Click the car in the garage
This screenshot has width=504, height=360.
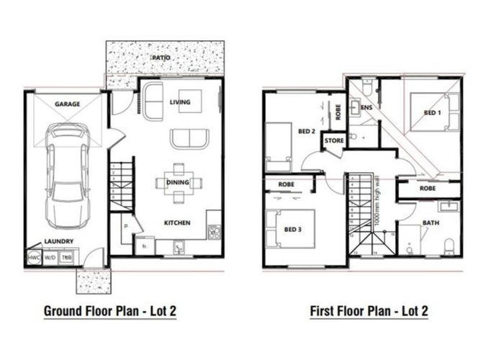pyautogui.click(x=68, y=173)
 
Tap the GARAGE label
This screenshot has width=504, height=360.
pyautogui.click(x=67, y=104)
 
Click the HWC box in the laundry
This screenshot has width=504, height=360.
pyautogui.click(x=33, y=257)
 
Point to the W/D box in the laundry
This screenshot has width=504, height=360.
pyautogui.click(x=50, y=257)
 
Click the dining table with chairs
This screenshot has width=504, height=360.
pyautogui.click(x=178, y=182)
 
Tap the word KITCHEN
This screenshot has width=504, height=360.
pyautogui.click(x=176, y=223)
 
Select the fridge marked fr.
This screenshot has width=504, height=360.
pyautogui.click(x=144, y=246)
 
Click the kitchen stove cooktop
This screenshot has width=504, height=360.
pyautogui.click(x=213, y=232)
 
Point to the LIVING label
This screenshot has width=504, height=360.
pyautogui.click(x=180, y=102)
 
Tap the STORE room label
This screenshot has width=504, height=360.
pyautogui.click(x=333, y=141)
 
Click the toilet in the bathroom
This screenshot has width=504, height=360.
pyautogui.click(x=449, y=245)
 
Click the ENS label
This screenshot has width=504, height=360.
pyautogui.click(x=366, y=108)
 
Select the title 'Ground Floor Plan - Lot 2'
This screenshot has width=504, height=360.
pyautogui.click(x=110, y=311)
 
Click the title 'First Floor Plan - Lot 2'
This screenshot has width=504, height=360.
pyautogui.click(x=369, y=311)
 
